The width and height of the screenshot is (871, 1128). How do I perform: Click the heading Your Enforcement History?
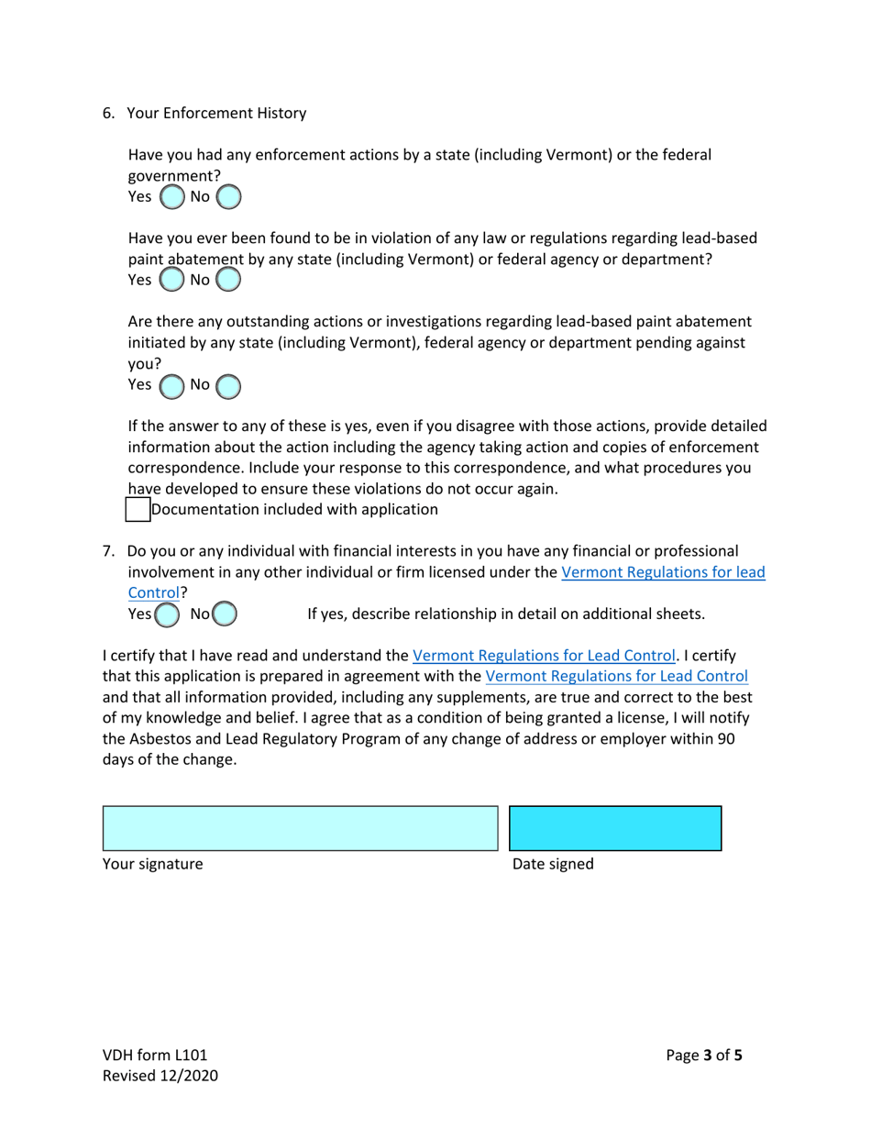click(x=215, y=114)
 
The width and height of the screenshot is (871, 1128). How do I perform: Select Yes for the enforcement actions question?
click(x=171, y=197)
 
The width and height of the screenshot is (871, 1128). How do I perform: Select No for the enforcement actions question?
click(x=228, y=197)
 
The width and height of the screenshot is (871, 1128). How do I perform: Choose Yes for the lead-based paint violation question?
click(x=171, y=280)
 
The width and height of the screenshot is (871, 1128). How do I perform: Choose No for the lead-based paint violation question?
click(x=228, y=280)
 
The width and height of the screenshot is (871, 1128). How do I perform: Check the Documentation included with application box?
click(x=138, y=509)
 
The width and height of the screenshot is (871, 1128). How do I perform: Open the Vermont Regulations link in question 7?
click(x=662, y=572)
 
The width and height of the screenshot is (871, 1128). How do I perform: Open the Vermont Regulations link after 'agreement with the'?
click(x=616, y=677)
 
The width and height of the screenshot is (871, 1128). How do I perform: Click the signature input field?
click(x=300, y=828)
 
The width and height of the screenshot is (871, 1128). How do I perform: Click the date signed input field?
click(x=614, y=828)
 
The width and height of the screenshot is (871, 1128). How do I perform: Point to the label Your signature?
click(x=152, y=864)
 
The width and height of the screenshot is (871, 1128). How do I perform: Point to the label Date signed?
click(x=552, y=864)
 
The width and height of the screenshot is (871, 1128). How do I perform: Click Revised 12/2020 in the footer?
click(x=160, y=1076)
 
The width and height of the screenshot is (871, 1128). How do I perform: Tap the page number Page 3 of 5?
click(x=704, y=1055)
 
